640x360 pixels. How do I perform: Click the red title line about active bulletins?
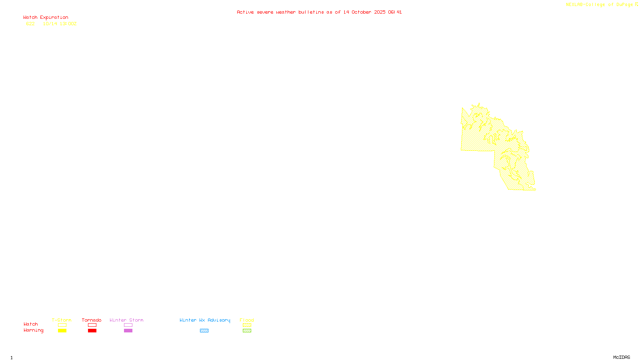click(x=319, y=12)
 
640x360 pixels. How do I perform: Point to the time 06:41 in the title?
click(x=395, y=12)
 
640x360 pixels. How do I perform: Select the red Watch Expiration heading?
click(x=46, y=18)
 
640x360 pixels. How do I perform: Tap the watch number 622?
click(x=30, y=24)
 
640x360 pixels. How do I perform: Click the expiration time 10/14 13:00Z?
click(x=60, y=24)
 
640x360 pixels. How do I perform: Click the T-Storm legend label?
click(x=62, y=320)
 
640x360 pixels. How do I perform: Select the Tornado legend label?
click(x=92, y=320)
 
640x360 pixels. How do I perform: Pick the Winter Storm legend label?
click(x=126, y=320)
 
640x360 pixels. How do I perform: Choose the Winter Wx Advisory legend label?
click(x=205, y=320)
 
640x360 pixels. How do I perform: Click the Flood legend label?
click(x=247, y=320)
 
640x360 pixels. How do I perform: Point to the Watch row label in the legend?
click(x=31, y=324)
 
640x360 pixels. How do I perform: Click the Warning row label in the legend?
click(x=34, y=330)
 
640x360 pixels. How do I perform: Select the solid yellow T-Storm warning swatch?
click(x=62, y=331)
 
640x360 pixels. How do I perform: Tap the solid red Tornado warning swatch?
click(x=92, y=331)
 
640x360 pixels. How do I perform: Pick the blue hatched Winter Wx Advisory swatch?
click(x=204, y=331)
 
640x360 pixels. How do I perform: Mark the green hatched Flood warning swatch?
click(x=247, y=331)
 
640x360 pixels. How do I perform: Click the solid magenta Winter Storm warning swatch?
click(x=128, y=331)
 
